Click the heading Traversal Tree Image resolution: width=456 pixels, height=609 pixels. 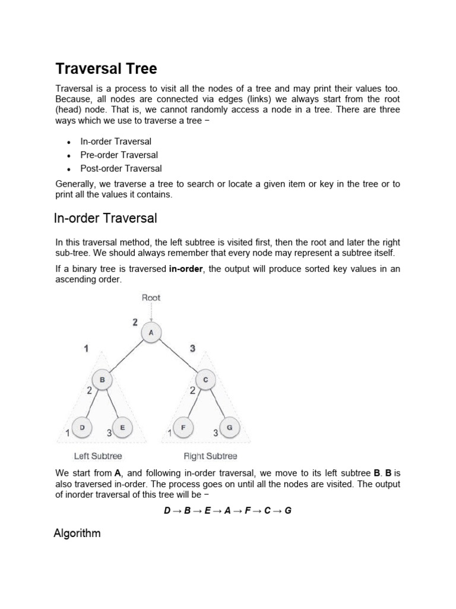[x=106, y=69]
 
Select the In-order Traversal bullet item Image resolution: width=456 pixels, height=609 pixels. [x=116, y=142]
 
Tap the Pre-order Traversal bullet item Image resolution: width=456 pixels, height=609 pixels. [x=119, y=155]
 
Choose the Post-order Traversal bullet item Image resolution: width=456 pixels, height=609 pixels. [x=121, y=168]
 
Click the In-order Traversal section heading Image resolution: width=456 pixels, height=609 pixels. [x=106, y=218]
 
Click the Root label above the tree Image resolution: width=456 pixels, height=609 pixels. [x=151, y=297]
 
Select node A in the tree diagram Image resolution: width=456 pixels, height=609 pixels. [x=151, y=333]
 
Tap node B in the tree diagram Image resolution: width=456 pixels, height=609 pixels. [x=102, y=379]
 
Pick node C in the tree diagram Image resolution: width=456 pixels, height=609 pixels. [x=205, y=379]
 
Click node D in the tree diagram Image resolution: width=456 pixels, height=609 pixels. [x=82, y=427]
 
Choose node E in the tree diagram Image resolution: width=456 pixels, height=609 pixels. [x=122, y=427]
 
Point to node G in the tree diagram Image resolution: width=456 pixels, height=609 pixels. [x=229, y=427]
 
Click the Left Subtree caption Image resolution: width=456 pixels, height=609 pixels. [x=98, y=456]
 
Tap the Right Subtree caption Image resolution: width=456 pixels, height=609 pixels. [x=210, y=456]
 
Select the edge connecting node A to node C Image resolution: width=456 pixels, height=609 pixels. [x=178, y=356]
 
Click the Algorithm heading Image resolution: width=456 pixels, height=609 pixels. [x=77, y=533]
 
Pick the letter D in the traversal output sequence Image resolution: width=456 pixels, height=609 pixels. [x=167, y=510]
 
